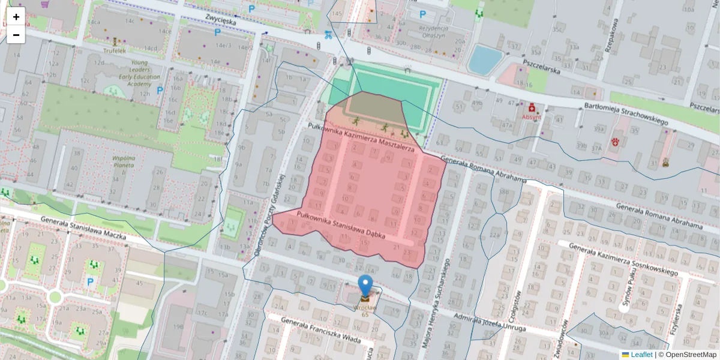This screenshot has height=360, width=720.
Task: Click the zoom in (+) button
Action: [x=16, y=17]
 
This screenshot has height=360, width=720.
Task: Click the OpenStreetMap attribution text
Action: [x=690, y=355]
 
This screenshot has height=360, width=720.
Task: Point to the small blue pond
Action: [x=485, y=59]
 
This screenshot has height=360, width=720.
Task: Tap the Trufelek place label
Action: [x=114, y=51]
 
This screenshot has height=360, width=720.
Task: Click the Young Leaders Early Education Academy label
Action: [x=135, y=73]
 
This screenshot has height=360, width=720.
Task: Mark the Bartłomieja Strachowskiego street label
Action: [x=626, y=114]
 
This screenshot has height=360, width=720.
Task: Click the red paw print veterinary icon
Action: [x=616, y=142]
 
